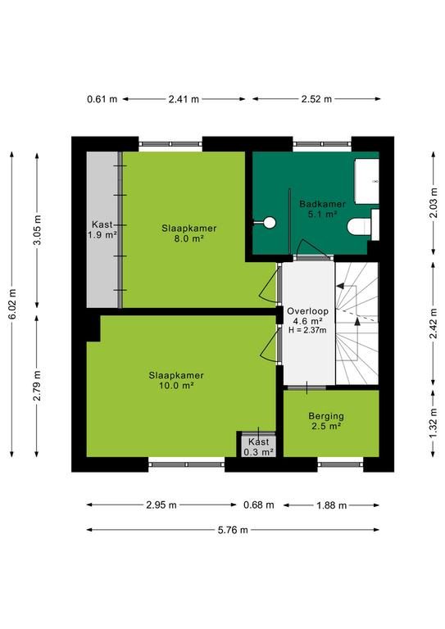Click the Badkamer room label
coord(322,209)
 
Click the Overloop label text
coord(308,311)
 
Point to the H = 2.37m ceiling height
coord(307,330)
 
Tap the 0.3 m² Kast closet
coord(258,446)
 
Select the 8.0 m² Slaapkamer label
coord(189,233)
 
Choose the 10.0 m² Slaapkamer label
coord(176,381)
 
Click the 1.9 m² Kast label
coord(102,229)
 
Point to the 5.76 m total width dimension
coord(233,530)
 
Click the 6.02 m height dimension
coord(12,304)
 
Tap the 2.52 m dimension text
coord(316,98)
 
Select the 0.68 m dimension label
coord(259,505)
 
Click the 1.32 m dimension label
coord(434,423)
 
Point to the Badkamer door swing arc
coord(312,248)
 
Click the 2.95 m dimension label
coord(161,505)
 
